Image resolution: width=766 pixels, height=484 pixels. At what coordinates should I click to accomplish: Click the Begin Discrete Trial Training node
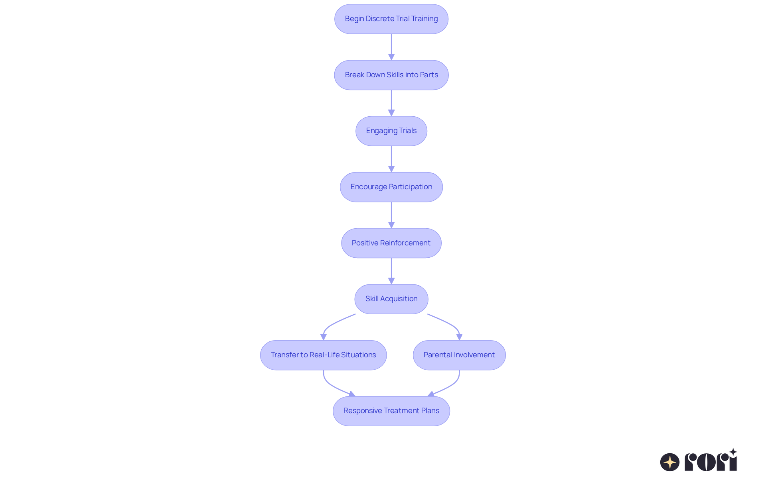[x=391, y=19]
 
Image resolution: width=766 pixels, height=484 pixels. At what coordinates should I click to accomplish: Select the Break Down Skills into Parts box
[x=391, y=75]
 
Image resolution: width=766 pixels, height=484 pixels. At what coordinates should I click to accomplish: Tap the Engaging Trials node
[x=391, y=131]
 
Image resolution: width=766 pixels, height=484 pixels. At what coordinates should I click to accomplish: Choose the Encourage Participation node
[x=391, y=187]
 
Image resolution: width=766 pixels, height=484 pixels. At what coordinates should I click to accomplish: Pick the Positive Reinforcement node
[x=391, y=243]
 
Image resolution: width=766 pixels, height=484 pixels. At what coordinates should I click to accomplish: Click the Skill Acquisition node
[x=391, y=299]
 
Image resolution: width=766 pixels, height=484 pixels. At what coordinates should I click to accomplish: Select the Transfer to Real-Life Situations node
[x=323, y=355]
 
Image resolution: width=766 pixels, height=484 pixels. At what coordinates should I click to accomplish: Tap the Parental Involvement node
[x=459, y=355]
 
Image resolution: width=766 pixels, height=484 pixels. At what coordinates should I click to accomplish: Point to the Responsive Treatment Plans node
[x=391, y=411]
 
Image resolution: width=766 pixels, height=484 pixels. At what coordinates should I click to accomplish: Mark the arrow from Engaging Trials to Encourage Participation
[x=391, y=159]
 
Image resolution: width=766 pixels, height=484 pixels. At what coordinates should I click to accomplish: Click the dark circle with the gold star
[x=669, y=462]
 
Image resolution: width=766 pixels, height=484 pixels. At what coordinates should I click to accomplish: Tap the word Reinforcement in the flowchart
[x=405, y=243]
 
